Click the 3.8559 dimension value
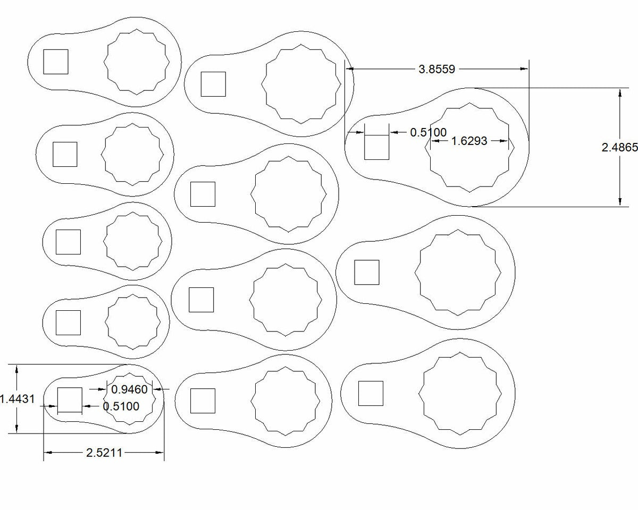437,69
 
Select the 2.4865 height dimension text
619,148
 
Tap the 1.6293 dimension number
469,141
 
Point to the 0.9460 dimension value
129,389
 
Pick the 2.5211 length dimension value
104,453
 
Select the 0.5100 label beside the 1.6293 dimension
429,132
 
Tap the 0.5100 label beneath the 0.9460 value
121,406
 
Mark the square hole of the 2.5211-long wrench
70,400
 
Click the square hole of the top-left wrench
55,62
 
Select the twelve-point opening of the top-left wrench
137,63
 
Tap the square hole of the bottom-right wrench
371,393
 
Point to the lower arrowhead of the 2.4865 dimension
620,201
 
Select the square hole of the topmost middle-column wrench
213,84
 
